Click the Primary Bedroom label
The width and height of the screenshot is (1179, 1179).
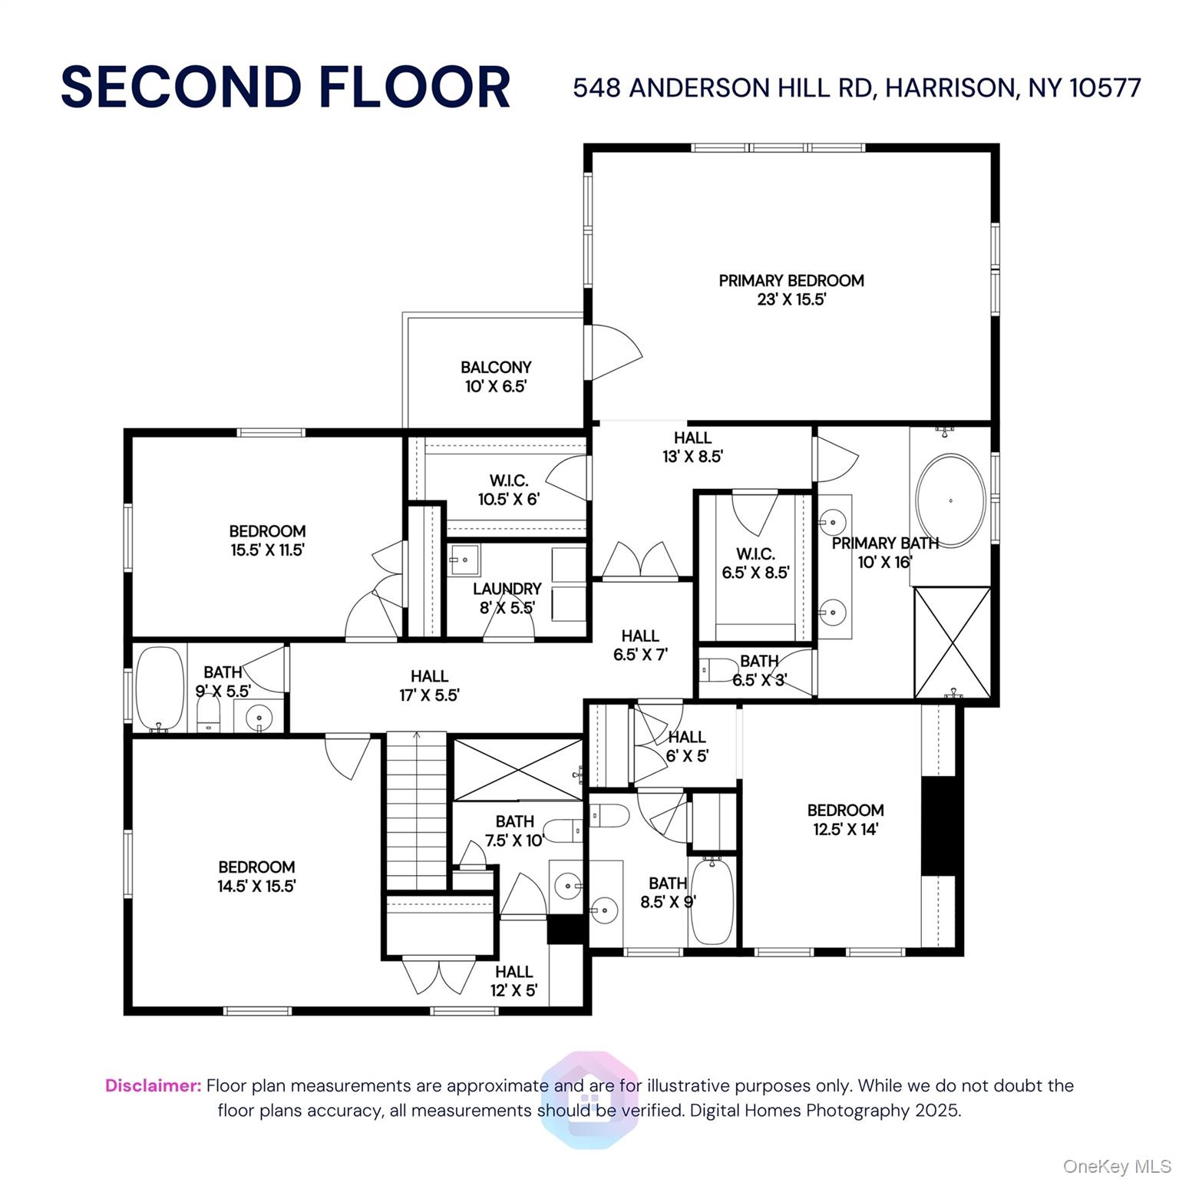click(x=791, y=290)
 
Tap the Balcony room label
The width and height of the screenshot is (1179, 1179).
click(x=496, y=377)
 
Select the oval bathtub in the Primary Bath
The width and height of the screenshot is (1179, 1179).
click(x=951, y=500)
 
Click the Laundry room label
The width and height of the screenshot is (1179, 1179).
click(x=507, y=598)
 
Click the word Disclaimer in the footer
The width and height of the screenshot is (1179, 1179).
click(x=153, y=1085)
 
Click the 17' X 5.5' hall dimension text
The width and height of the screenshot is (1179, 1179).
click(x=429, y=695)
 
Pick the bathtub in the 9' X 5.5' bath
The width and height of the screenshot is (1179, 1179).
click(x=160, y=689)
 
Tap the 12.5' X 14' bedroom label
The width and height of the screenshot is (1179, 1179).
click(x=845, y=820)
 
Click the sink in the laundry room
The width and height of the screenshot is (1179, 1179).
click(x=464, y=560)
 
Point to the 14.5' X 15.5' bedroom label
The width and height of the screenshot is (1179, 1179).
click(x=256, y=877)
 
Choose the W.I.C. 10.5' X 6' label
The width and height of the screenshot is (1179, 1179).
click(x=508, y=490)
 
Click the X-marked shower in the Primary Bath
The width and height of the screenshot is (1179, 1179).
click(x=953, y=642)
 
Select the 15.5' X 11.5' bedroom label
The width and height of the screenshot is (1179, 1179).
click(x=267, y=540)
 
